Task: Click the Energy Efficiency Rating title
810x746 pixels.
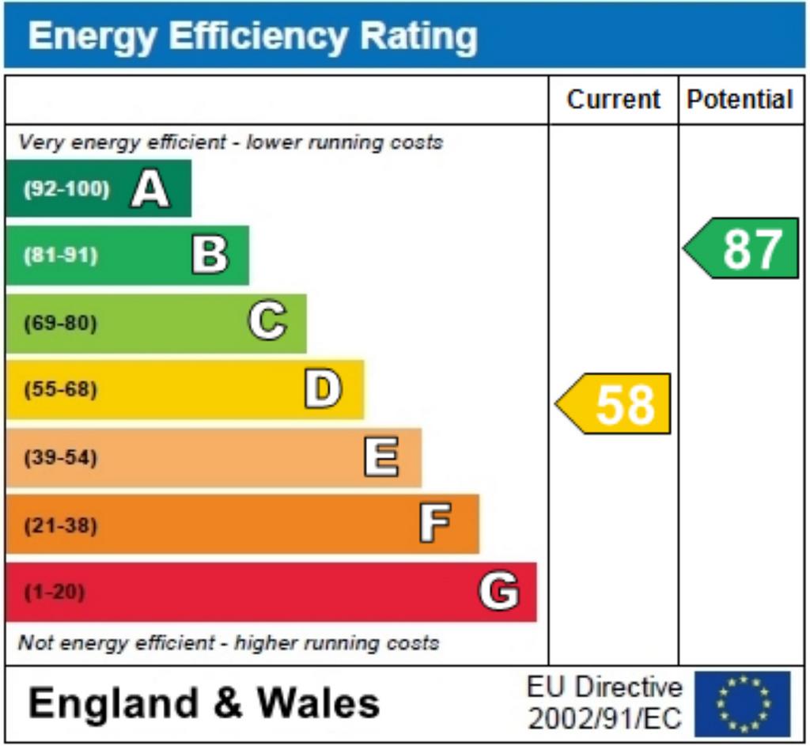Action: (x=252, y=36)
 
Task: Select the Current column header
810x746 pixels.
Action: (x=613, y=100)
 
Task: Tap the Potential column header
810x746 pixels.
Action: (x=740, y=100)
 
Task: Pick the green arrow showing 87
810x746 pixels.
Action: (x=743, y=248)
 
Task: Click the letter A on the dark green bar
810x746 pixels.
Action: (x=150, y=189)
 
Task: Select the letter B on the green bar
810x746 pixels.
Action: (x=210, y=256)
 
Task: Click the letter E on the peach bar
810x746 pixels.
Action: (x=381, y=458)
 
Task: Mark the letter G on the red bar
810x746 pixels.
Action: (x=499, y=592)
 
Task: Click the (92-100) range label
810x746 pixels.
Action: (x=66, y=189)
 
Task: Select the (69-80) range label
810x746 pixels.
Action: (x=60, y=324)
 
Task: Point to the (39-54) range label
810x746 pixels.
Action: (x=61, y=458)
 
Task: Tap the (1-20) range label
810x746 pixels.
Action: (x=55, y=592)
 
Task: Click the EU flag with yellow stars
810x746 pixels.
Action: (x=742, y=703)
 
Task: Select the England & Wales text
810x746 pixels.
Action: (x=204, y=703)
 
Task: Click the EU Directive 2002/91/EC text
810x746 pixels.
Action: (x=604, y=703)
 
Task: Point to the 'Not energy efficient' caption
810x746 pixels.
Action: (x=229, y=642)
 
